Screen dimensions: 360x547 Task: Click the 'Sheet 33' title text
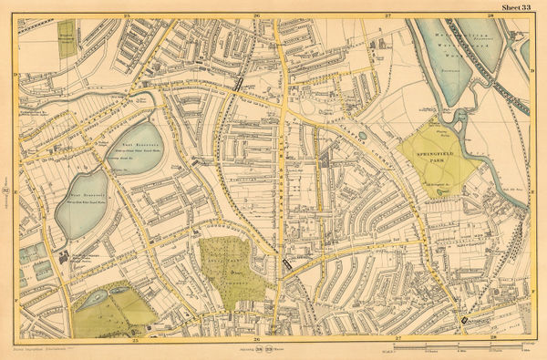click(516, 8)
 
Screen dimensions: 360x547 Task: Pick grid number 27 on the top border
click(387, 16)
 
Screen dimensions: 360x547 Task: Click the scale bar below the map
click(456, 350)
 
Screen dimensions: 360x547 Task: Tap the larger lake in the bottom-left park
click(98, 297)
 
